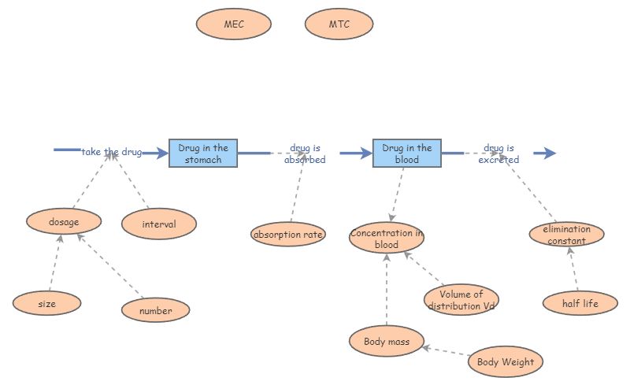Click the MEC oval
click(x=234, y=24)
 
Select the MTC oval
click(x=339, y=24)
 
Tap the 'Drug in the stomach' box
click(x=203, y=154)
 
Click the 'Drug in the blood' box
click(x=407, y=154)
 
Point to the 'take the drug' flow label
click(x=112, y=152)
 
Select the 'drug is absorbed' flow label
click(x=305, y=154)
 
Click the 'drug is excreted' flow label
click(x=498, y=154)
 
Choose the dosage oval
click(x=64, y=222)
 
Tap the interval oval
click(x=159, y=224)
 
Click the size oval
click(x=47, y=302)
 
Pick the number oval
click(x=156, y=310)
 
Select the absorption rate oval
click(x=288, y=234)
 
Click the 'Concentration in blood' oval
click(x=387, y=239)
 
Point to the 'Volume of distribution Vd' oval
click(x=462, y=300)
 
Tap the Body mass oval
click(x=387, y=342)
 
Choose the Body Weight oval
click(x=506, y=362)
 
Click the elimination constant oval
click(x=566, y=235)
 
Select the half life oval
click(x=580, y=303)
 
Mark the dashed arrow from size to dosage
click(x=55, y=263)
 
